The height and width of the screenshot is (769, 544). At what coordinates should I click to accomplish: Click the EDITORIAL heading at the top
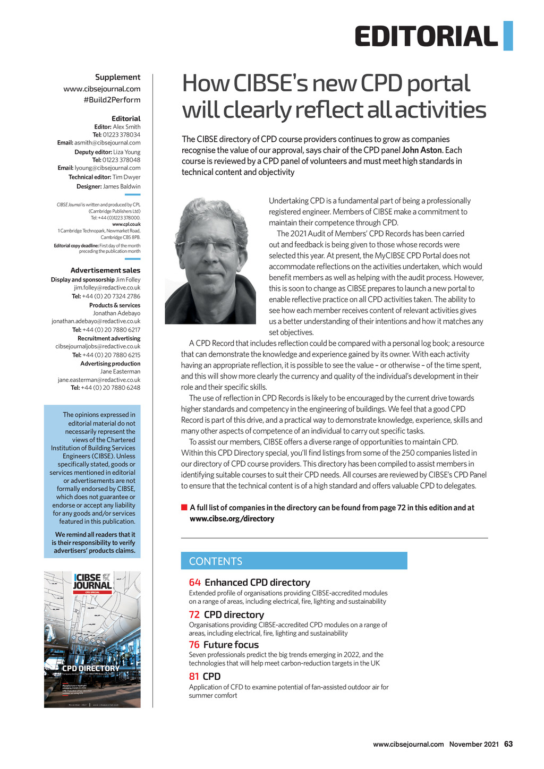[x=426, y=37]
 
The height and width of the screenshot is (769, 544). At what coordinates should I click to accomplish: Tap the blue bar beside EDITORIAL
[x=508, y=36]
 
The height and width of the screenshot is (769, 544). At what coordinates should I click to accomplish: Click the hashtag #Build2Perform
[x=112, y=100]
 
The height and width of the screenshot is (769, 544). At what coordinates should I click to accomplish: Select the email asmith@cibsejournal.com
[x=107, y=143]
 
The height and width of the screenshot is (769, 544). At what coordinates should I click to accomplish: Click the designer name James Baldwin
[x=122, y=186]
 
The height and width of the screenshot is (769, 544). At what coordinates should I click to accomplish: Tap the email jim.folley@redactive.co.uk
[x=107, y=288]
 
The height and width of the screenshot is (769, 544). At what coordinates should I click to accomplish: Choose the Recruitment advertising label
[x=109, y=338]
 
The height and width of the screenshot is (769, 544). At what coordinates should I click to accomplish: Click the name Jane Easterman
[x=120, y=372]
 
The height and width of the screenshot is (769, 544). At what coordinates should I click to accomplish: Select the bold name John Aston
[x=422, y=150]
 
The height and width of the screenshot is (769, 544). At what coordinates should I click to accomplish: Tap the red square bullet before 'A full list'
[x=184, y=508]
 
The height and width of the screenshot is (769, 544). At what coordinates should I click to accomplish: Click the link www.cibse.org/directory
[x=232, y=519]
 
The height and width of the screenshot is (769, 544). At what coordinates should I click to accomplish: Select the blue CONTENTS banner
[x=294, y=561]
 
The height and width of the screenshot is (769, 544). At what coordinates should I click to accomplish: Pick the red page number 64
[x=194, y=583]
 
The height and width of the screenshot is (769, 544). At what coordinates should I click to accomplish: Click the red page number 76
[x=194, y=645]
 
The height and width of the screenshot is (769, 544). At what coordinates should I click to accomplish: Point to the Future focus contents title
[x=231, y=645]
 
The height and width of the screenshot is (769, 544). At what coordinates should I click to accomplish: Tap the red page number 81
[x=194, y=677]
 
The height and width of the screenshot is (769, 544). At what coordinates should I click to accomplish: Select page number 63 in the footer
[x=508, y=744]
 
